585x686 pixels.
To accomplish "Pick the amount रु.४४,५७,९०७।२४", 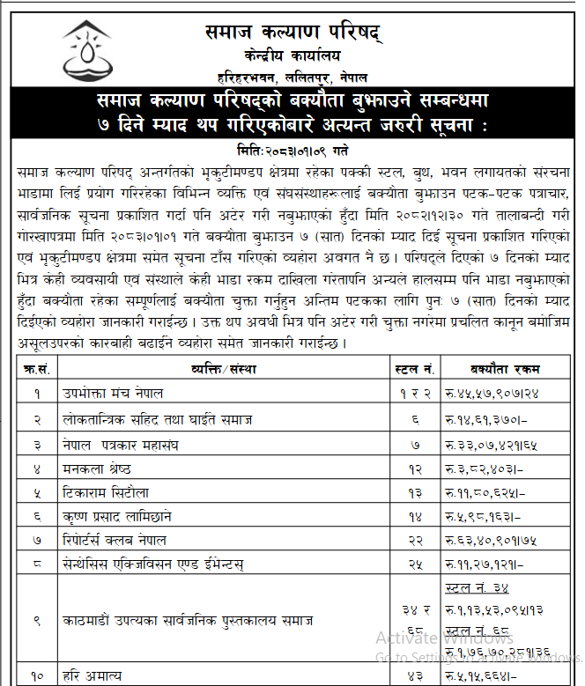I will click(x=492, y=392).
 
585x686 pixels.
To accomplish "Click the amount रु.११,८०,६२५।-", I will click(x=486, y=491).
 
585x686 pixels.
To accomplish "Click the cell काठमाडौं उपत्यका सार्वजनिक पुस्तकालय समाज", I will click(x=188, y=621).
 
